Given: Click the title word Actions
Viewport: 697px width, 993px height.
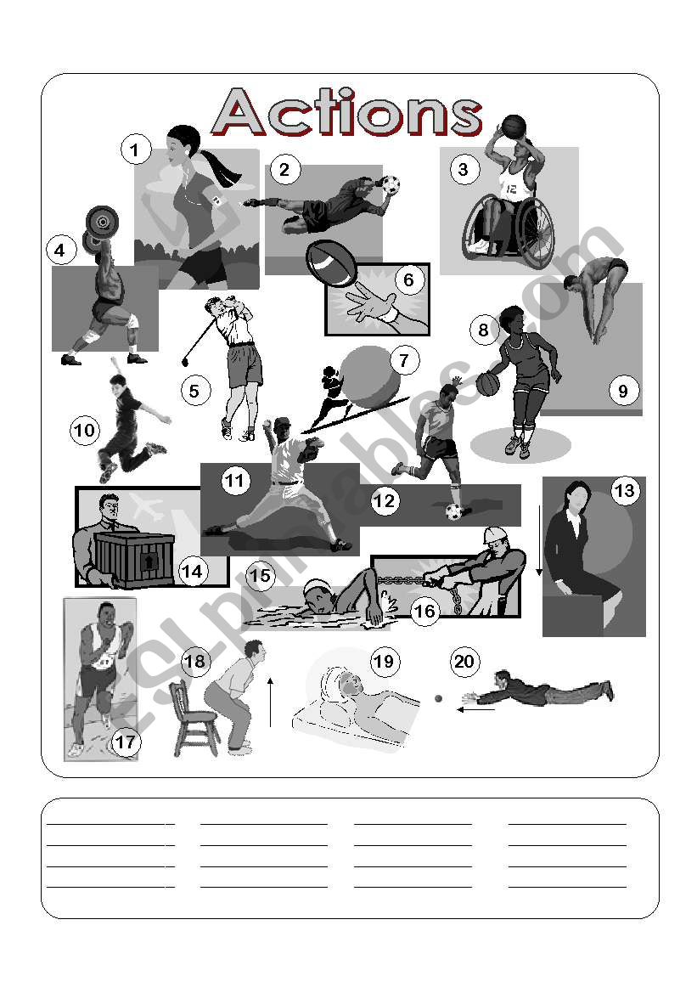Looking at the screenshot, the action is [347, 113].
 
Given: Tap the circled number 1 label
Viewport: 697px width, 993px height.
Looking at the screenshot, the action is [134, 150].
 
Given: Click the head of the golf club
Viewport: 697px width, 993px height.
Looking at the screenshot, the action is [185, 362].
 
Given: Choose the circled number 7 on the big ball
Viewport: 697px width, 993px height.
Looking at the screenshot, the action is [403, 361].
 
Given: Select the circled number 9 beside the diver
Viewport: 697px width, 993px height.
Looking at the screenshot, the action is [623, 390].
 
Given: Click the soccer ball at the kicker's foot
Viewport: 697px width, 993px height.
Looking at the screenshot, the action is [453, 511].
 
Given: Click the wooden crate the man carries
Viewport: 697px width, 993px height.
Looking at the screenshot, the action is [134, 558].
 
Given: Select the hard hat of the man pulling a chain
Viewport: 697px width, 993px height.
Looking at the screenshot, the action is [494, 536].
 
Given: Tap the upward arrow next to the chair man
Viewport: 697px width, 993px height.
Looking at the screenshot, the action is [270, 702].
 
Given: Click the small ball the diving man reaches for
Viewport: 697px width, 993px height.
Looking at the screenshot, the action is [437, 698].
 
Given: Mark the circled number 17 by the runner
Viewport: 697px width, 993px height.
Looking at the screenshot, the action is [126, 742].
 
